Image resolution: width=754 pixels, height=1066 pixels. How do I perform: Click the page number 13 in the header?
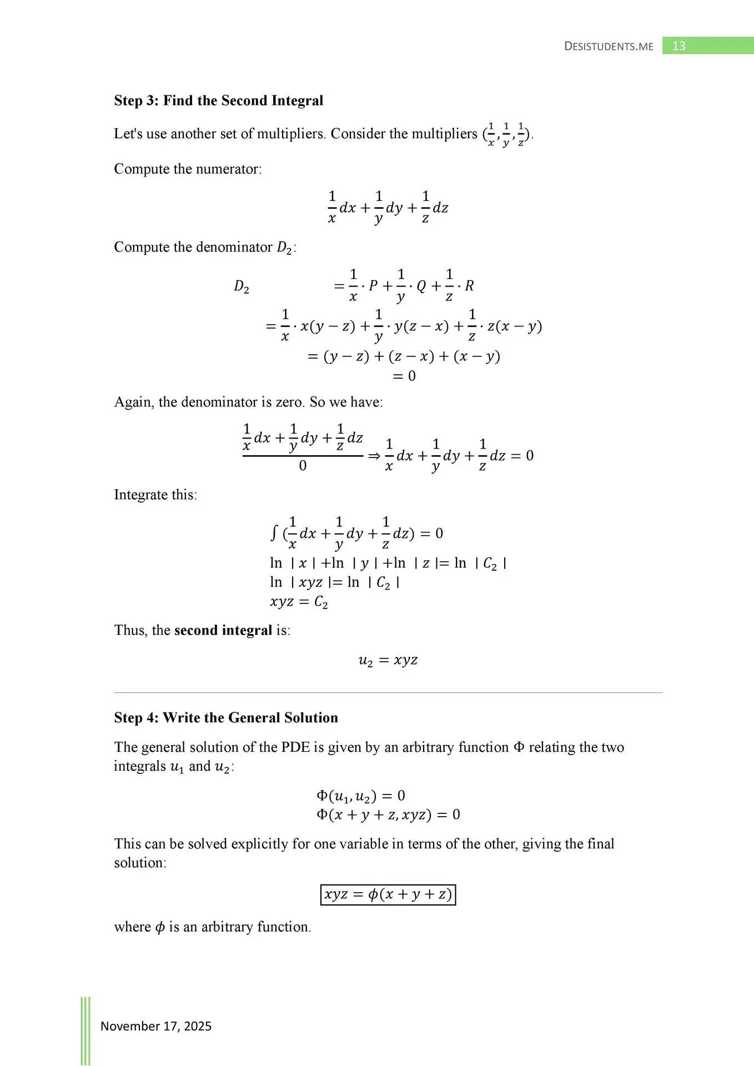click(678, 46)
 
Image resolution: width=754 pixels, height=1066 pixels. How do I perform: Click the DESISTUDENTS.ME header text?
click(609, 46)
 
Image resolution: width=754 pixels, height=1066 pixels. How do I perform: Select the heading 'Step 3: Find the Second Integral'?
click(218, 100)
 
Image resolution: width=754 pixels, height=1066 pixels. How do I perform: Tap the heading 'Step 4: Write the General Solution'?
click(226, 717)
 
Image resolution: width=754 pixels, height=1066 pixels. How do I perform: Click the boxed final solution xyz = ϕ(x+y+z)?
click(388, 894)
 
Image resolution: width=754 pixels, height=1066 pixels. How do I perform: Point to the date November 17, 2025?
click(156, 1026)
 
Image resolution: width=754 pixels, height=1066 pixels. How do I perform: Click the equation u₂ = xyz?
click(388, 660)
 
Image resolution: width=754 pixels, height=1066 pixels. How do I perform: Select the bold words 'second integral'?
click(223, 630)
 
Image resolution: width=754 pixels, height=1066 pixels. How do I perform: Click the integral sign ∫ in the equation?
click(274, 533)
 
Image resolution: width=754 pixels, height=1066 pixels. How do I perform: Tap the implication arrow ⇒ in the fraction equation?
click(374, 456)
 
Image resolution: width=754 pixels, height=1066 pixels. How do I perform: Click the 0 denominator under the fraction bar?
click(303, 466)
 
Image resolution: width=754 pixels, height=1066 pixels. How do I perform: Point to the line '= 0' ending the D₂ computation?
click(404, 376)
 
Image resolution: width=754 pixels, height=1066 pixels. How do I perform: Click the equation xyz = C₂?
click(299, 602)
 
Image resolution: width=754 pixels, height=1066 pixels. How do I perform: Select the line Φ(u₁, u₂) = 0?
click(361, 796)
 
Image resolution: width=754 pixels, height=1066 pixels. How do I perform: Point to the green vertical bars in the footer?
click(86, 1030)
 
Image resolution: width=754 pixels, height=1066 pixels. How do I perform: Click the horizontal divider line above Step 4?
click(388, 693)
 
